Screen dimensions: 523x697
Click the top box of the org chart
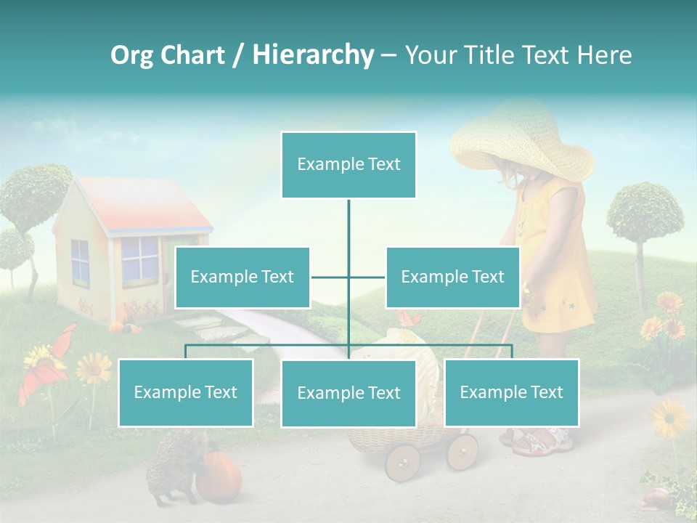[x=348, y=165]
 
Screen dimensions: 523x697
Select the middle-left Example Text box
[x=242, y=277]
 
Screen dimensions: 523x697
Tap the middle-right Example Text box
[x=452, y=277]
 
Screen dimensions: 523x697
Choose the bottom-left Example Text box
[x=186, y=393]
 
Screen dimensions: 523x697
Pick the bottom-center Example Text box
[x=348, y=394]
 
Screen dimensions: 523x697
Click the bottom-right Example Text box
[x=512, y=393]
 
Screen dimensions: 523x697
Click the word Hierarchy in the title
[x=313, y=55]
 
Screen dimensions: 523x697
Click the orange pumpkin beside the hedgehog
[x=219, y=476]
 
